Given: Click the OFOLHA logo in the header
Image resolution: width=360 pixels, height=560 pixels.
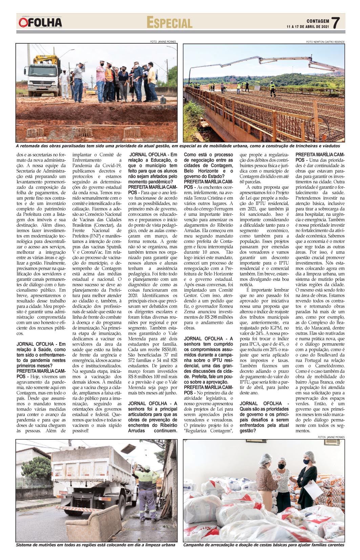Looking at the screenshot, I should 41,23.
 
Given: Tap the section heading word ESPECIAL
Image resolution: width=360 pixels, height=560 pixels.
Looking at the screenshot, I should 169,23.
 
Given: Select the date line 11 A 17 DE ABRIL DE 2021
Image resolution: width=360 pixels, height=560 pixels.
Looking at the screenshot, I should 308,26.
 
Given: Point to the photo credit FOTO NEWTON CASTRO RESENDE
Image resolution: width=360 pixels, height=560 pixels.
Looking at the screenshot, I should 325,42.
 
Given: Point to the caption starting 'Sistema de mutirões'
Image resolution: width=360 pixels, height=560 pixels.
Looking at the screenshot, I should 96,545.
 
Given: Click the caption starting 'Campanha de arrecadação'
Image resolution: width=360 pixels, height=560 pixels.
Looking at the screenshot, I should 263,545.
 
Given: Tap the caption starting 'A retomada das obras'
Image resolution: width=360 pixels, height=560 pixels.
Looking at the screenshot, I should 177,146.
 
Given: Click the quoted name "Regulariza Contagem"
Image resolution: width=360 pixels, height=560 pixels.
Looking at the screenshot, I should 208,431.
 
